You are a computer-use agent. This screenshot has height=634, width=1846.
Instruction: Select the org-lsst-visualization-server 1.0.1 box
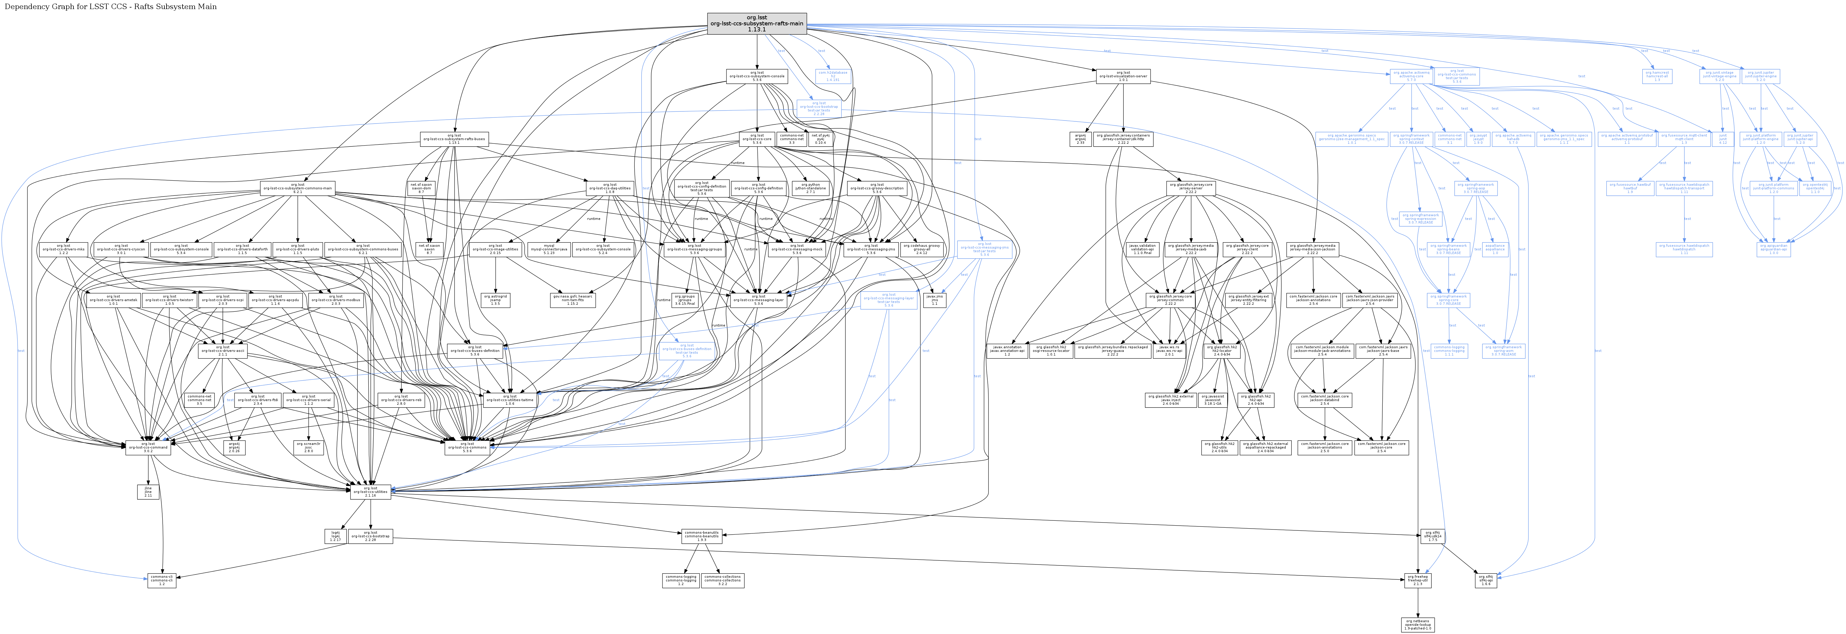coord(1123,76)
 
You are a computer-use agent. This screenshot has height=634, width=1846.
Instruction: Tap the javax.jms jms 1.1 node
coord(934,300)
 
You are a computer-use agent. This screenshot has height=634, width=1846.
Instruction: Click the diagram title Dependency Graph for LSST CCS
coord(110,6)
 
